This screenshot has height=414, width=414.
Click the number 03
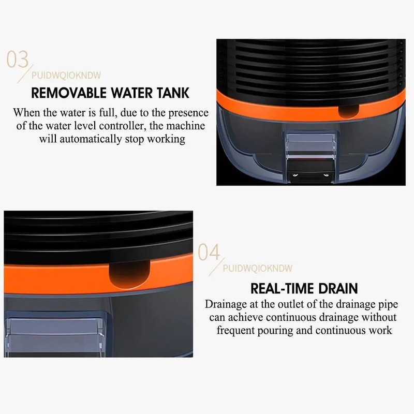coord(17,59)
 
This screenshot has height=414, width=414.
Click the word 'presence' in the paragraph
coord(184,112)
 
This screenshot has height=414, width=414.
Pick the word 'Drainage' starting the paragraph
coord(226,304)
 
